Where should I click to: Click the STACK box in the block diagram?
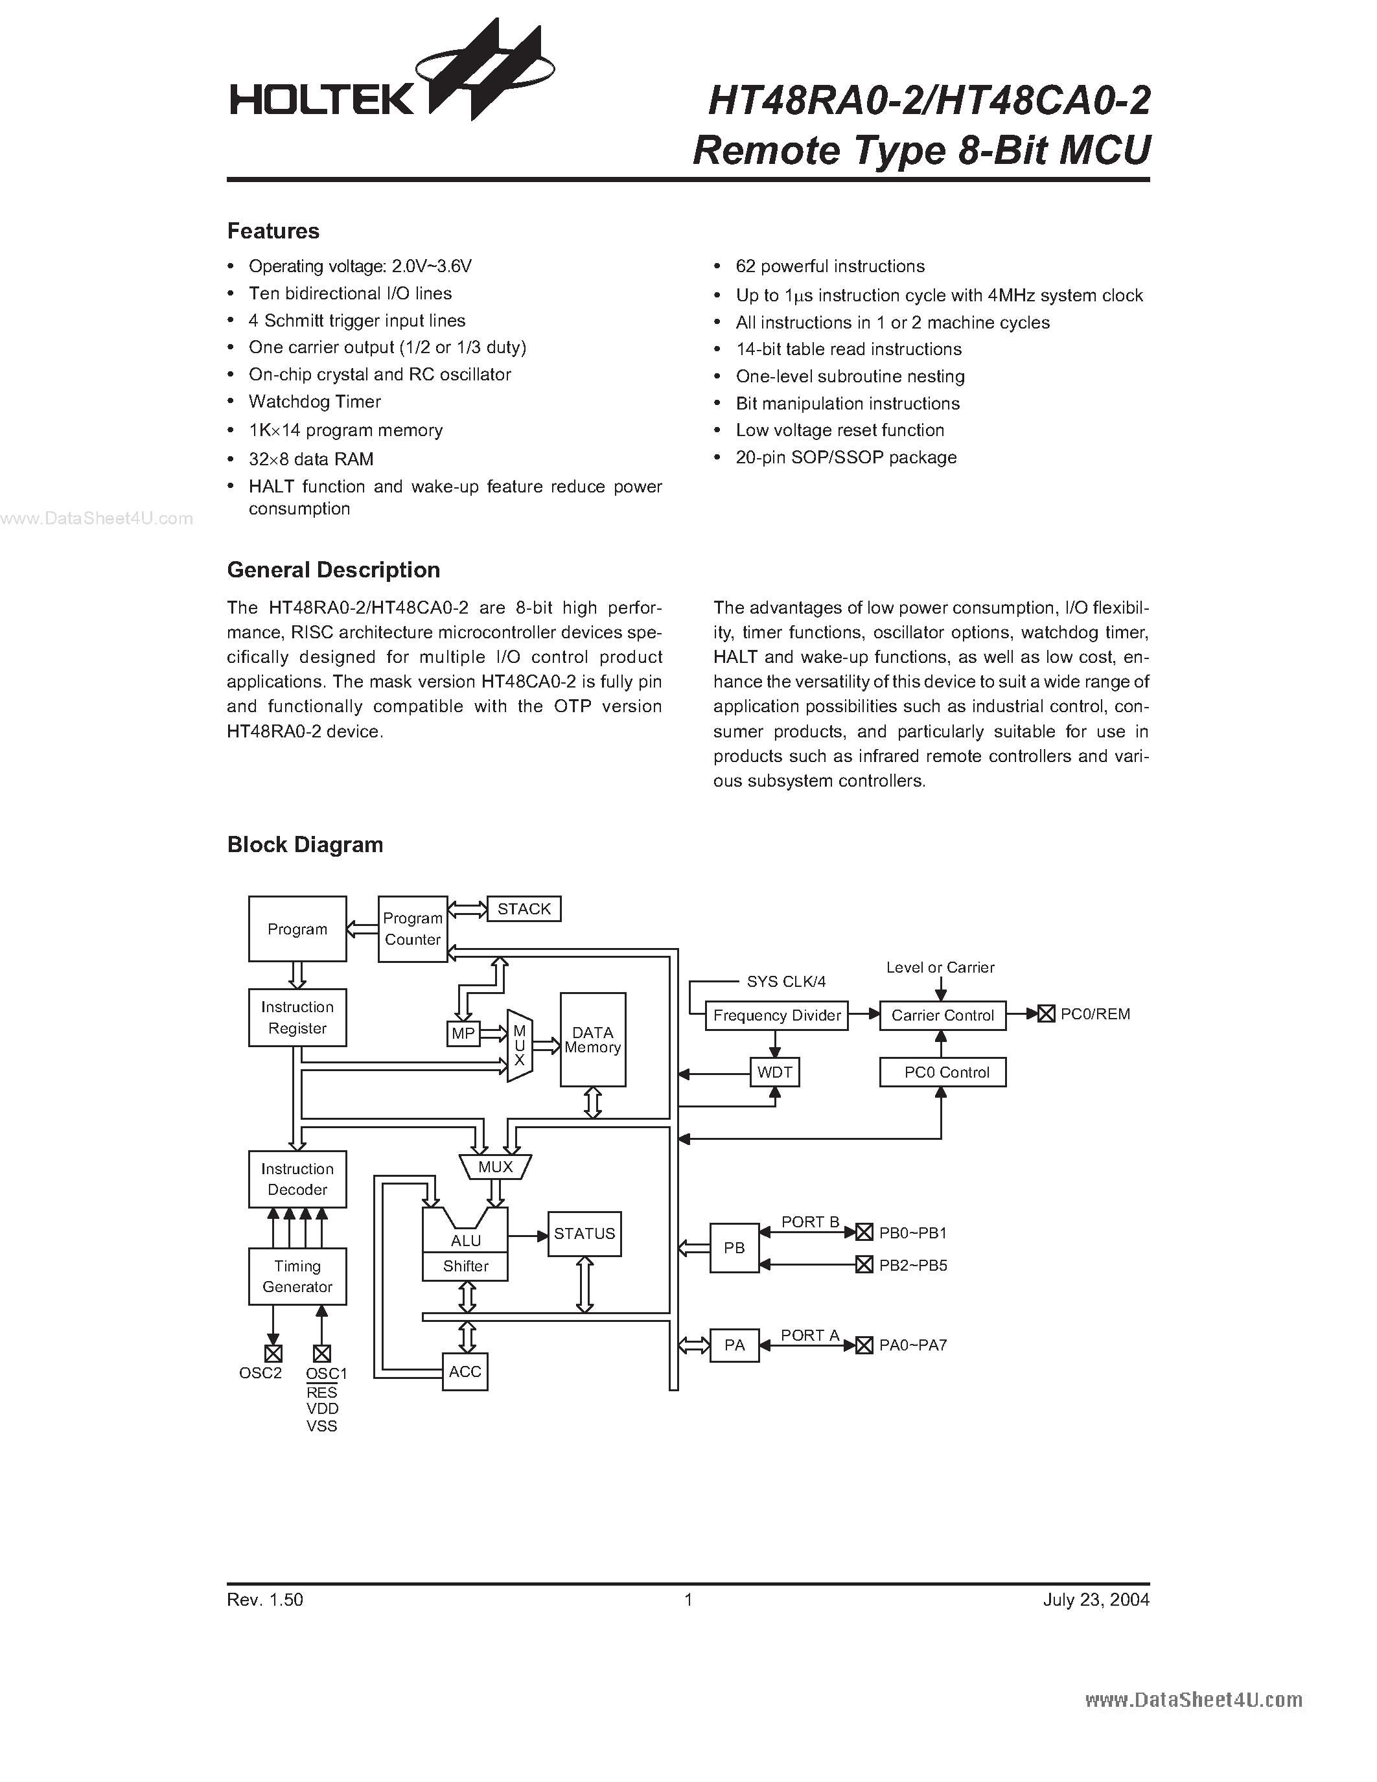[x=524, y=909]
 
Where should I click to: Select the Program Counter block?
[x=413, y=929]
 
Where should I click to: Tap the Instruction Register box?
[x=297, y=1017]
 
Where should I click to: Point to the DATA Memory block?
[x=592, y=1039]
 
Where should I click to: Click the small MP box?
[x=463, y=1034]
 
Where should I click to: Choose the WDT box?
[x=774, y=1072]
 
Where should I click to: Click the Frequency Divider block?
[x=776, y=1015]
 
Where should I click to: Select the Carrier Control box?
[x=942, y=1015]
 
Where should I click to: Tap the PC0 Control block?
[x=942, y=1072]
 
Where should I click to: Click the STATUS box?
[x=584, y=1234]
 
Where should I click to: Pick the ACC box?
[x=465, y=1372]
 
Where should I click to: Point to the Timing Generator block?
[x=297, y=1276]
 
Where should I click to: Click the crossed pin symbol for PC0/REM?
[x=1046, y=1014]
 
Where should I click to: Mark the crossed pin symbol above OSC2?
[x=273, y=1354]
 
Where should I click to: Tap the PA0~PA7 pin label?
[x=913, y=1345]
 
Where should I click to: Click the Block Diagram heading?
[x=305, y=844]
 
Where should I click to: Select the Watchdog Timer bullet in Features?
[x=315, y=402]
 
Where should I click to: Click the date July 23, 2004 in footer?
[x=1096, y=1599]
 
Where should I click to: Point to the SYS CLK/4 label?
[x=785, y=982]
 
